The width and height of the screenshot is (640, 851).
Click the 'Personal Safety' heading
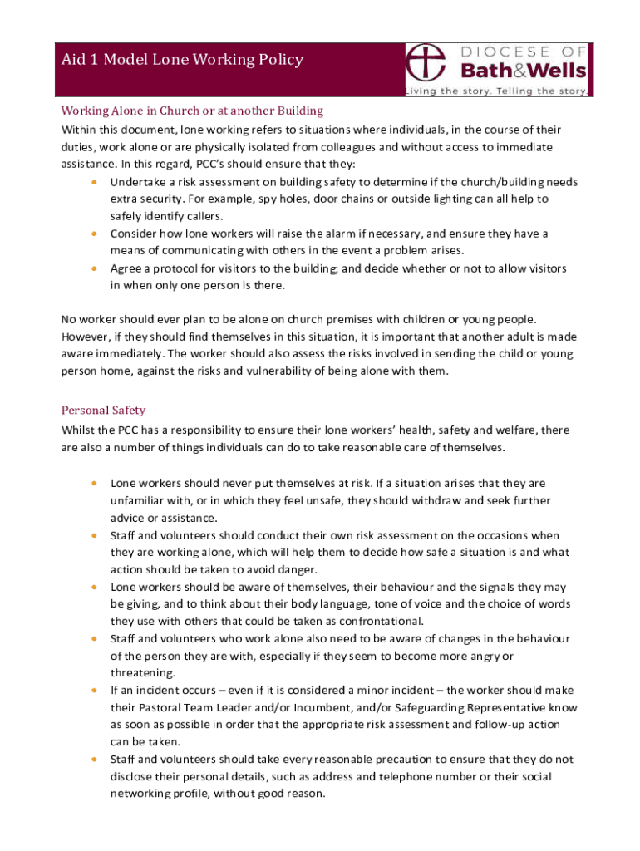[x=104, y=410]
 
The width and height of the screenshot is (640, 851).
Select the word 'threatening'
[x=143, y=672]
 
